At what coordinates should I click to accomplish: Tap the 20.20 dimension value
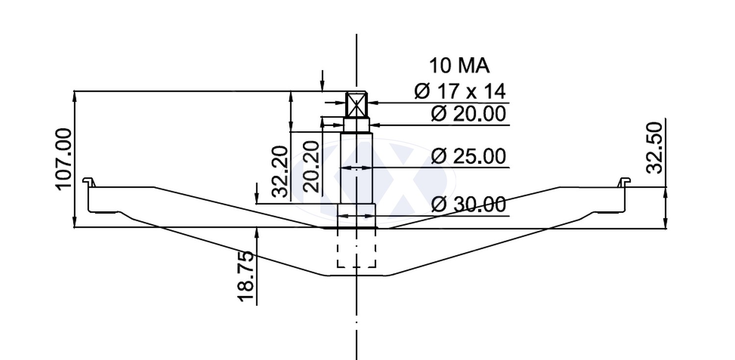tap(311, 167)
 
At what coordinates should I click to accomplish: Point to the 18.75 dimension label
tap(245, 276)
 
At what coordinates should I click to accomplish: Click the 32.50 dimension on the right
tap(654, 147)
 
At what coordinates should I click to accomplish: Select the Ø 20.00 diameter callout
tap(468, 114)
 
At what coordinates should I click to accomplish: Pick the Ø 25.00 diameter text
tap(468, 156)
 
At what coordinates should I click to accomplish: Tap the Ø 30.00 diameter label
tap(468, 204)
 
